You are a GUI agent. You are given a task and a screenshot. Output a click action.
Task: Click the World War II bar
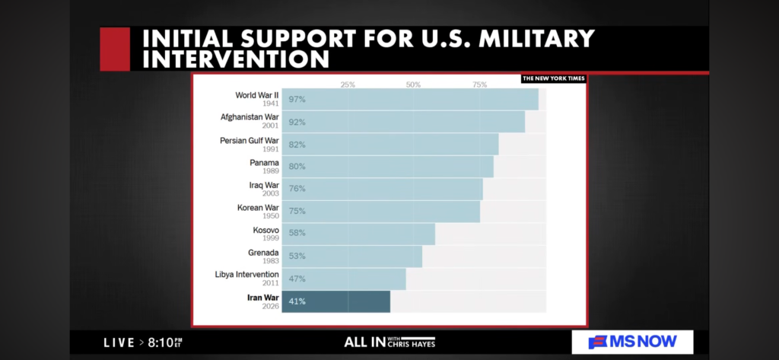pyautogui.click(x=410, y=100)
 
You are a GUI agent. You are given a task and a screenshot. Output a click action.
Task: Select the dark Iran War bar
pyautogui.click(x=336, y=301)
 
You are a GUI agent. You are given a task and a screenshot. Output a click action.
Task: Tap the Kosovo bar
pyautogui.click(x=358, y=234)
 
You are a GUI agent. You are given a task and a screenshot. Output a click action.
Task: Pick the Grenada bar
pyautogui.click(x=352, y=256)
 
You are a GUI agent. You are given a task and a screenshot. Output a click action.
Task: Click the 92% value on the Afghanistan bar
pyautogui.click(x=297, y=123)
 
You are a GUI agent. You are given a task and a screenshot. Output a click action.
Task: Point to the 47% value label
pyautogui.click(x=297, y=279)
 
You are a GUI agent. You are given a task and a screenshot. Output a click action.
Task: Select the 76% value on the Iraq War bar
pyautogui.click(x=297, y=190)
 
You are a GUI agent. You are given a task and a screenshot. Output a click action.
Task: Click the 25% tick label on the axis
pyautogui.click(x=348, y=84)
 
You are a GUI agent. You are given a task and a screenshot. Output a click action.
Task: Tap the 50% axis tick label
pyautogui.click(x=413, y=84)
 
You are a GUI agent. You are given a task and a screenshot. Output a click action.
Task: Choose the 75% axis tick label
pyautogui.click(x=479, y=84)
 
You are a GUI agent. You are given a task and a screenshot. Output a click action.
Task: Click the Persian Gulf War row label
pyautogui.click(x=250, y=140)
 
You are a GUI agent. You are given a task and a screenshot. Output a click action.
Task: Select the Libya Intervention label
pyautogui.click(x=246, y=274)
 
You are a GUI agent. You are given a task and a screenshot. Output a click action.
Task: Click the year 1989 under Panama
pyautogui.click(x=271, y=171)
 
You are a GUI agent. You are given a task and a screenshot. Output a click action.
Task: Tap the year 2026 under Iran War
pyautogui.click(x=271, y=306)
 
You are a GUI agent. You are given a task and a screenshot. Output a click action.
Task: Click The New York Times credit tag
pyautogui.click(x=553, y=78)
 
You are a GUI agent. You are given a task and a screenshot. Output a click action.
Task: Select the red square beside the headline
pyautogui.click(x=115, y=49)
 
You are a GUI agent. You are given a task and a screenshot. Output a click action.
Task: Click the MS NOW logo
pyautogui.click(x=633, y=342)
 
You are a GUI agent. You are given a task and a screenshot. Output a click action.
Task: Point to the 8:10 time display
pyautogui.click(x=161, y=342)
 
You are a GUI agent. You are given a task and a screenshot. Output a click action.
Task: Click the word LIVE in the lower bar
pyautogui.click(x=119, y=342)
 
